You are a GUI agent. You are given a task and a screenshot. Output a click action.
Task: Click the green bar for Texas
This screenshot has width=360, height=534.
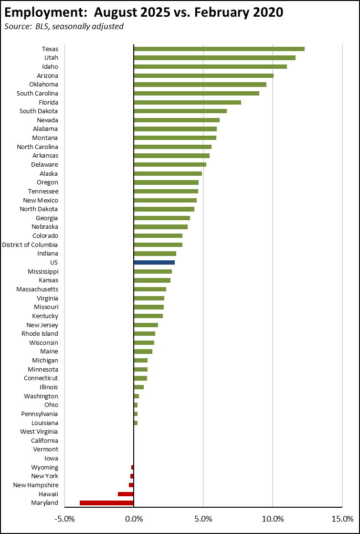(219, 49)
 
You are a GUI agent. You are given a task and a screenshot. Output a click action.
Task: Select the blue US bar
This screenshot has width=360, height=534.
(154, 262)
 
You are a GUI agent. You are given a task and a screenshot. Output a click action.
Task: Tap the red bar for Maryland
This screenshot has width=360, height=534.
(106, 503)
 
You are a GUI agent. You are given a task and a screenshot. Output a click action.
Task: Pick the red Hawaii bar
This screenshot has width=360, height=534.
(126, 494)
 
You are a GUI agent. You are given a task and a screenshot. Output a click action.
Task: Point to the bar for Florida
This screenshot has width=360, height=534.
(187, 102)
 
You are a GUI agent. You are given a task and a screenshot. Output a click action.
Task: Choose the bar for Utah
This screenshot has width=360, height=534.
(214, 58)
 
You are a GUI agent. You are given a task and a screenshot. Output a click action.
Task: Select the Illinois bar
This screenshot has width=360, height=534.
(138, 387)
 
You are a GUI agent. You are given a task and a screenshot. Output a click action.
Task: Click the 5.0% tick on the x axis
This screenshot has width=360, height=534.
(203, 519)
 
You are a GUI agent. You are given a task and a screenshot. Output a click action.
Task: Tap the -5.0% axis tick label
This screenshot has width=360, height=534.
(64, 519)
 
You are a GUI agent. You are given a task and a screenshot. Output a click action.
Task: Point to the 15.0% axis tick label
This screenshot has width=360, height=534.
(342, 519)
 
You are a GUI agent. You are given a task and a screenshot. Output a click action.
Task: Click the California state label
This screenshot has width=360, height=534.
(44, 440)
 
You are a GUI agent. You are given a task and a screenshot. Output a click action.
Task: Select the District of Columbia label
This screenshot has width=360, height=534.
(30, 245)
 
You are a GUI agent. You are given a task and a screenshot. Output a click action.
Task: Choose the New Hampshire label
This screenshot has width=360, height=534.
(36, 485)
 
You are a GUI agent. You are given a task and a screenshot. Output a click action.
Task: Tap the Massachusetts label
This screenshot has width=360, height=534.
(37, 289)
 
